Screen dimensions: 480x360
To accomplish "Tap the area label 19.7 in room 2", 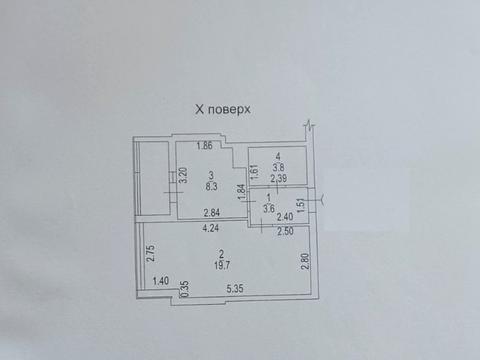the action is pos(211,265).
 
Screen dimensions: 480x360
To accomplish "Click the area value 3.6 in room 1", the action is pos(269,208).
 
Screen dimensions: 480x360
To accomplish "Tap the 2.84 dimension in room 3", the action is pos(210,213).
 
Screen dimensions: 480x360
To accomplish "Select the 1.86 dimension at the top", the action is pos(205,147).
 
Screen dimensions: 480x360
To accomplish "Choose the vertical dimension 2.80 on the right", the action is pos(306,261).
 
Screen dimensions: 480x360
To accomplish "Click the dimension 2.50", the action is pos(286,231).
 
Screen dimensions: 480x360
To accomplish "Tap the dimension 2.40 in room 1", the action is pos(283,216).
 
